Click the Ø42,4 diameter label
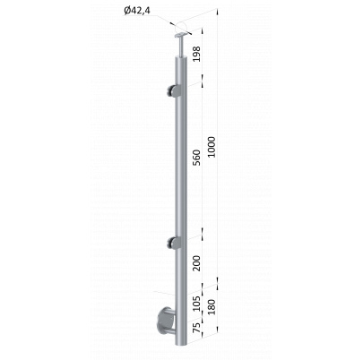tap(137, 11)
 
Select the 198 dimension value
tap(196, 54)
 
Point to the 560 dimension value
tap(196, 159)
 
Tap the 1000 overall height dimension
tap(212, 147)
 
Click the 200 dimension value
tap(196, 262)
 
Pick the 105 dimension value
tap(196, 304)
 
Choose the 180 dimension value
tap(212, 306)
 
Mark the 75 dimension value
tap(196, 328)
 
